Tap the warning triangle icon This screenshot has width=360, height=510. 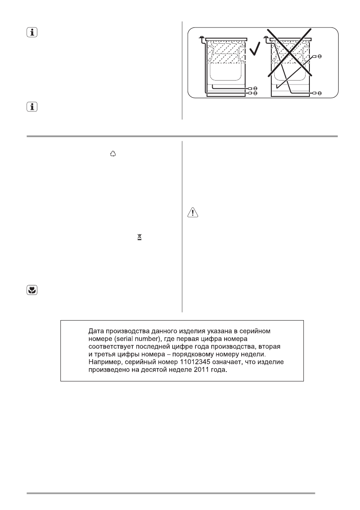(192, 213)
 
